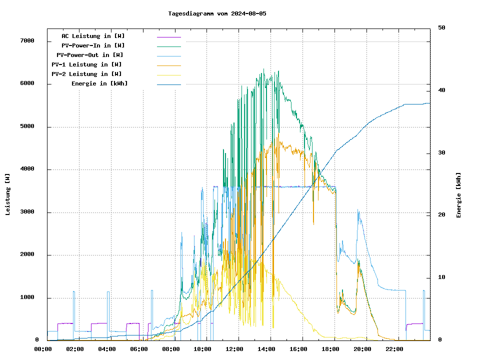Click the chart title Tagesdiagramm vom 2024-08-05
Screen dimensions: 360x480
(x=217, y=13)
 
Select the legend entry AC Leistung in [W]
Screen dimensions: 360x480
(x=93, y=36)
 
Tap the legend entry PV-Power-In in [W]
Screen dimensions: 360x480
(x=96, y=45)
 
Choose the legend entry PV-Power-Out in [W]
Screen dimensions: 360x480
(x=90, y=55)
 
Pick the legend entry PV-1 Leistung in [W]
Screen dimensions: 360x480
(x=86, y=64)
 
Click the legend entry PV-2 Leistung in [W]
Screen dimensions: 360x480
(x=86, y=74)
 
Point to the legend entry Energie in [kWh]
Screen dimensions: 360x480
(x=99, y=83)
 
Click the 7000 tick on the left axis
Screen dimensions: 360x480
(x=27, y=40)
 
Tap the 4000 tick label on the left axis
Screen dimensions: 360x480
(x=27, y=169)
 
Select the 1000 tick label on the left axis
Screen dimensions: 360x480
(x=27, y=297)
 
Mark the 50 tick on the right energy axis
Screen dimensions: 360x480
(x=441, y=28)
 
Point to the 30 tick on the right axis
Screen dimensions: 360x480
(x=441, y=153)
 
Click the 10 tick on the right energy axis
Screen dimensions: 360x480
(x=441, y=277)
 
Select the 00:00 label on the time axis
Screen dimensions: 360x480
(x=43, y=349)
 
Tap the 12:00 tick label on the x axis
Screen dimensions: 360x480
(x=234, y=349)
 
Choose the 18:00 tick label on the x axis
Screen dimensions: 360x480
(x=330, y=349)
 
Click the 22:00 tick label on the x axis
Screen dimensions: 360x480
(x=394, y=349)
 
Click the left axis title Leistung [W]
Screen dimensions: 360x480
(x=8, y=194)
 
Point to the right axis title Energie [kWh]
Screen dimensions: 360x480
(x=458, y=195)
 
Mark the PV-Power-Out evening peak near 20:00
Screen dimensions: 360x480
(x=358, y=210)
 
